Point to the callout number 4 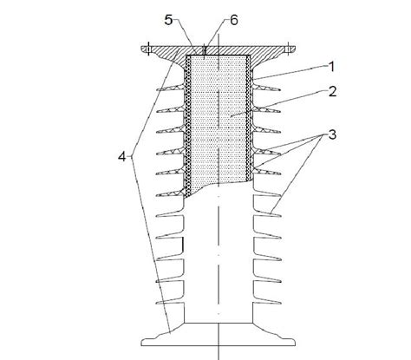(124, 157)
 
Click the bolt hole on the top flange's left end (148, 49)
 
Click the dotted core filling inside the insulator (221, 121)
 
